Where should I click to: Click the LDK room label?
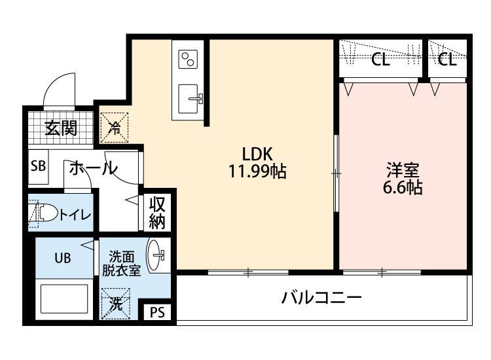pyautogui.click(x=256, y=154)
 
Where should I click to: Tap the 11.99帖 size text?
pyautogui.click(x=256, y=172)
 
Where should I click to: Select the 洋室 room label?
pyautogui.click(x=402, y=170)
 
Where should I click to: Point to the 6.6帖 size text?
pyautogui.click(x=402, y=188)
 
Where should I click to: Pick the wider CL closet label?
pyautogui.click(x=380, y=61)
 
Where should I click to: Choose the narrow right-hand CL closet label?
pyautogui.click(x=447, y=61)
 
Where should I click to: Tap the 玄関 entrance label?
pyautogui.click(x=60, y=128)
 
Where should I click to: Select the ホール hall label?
pyautogui.click(x=92, y=168)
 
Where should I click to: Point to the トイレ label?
pyautogui.click(x=75, y=214)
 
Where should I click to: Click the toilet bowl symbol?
pyautogui.click(x=43, y=213)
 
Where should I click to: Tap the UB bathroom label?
pyautogui.click(x=62, y=257)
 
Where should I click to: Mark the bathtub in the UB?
pyautogui.click(x=64, y=299)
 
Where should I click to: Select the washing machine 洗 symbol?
pyautogui.click(x=115, y=304)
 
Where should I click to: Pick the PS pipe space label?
pyautogui.click(x=158, y=312)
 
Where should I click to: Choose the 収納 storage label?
pyautogui.click(x=157, y=212)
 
